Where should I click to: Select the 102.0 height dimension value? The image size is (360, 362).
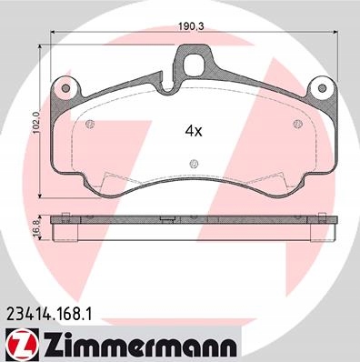tap(36, 122)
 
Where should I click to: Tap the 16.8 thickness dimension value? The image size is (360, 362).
tap(38, 226)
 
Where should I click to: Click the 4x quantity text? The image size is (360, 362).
tap(194, 131)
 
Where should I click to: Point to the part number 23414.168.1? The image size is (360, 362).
tap(48, 314)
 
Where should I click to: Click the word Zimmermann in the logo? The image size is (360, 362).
tap(139, 346)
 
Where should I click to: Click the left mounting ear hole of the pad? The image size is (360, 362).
tap(65, 88)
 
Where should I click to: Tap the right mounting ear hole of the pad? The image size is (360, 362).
tap(322, 88)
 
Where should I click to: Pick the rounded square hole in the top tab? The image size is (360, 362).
tap(195, 64)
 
